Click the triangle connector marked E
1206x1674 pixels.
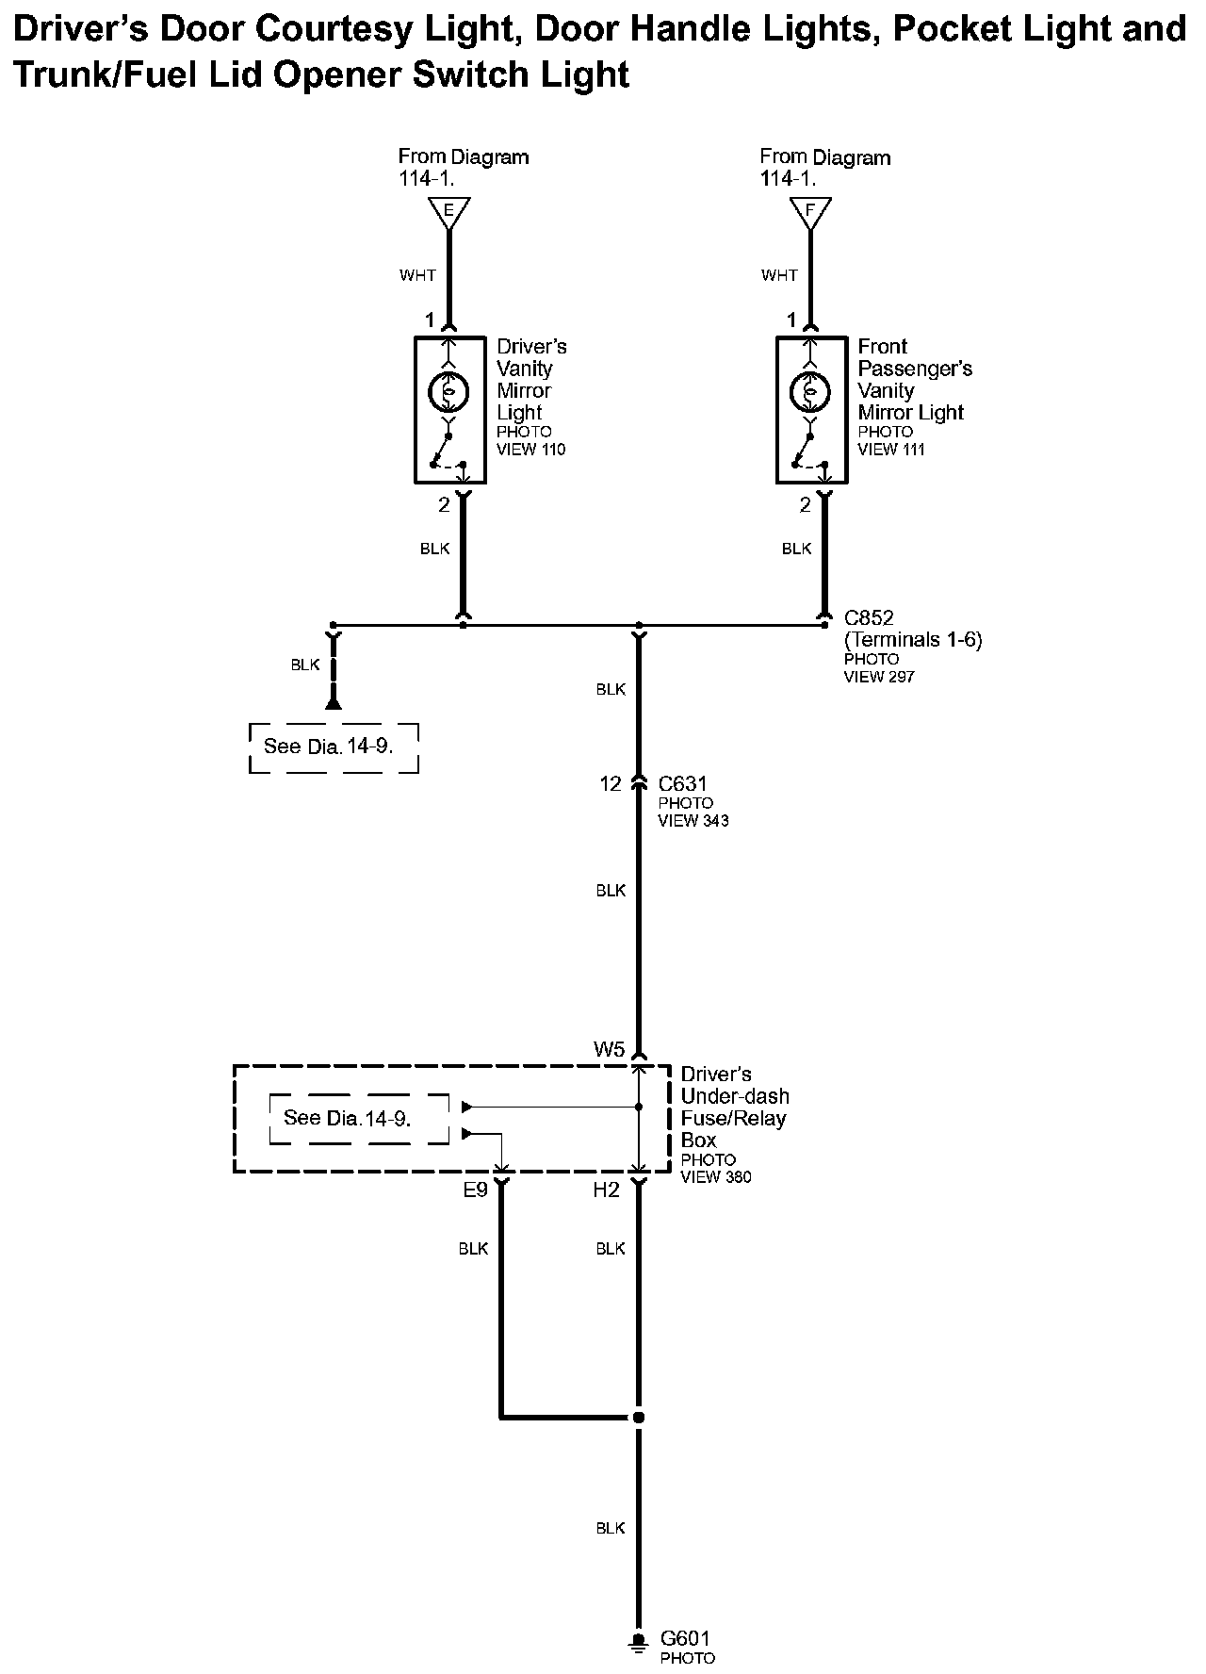448,212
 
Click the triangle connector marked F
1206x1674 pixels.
810,212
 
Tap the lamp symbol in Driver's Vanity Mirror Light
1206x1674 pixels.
448,390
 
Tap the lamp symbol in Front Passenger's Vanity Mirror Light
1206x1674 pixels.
809,390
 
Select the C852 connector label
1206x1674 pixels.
869,618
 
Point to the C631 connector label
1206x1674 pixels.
682,783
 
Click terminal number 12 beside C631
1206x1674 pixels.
611,783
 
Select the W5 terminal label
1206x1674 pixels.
609,1049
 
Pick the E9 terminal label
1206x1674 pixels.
475,1190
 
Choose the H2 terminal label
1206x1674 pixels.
606,1190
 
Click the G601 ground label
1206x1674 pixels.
685,1639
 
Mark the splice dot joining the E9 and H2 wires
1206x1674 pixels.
639,1417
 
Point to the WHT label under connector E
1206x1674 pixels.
417,275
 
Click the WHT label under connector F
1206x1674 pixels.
779,275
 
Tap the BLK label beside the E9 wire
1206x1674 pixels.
473,1249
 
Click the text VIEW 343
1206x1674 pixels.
693,821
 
